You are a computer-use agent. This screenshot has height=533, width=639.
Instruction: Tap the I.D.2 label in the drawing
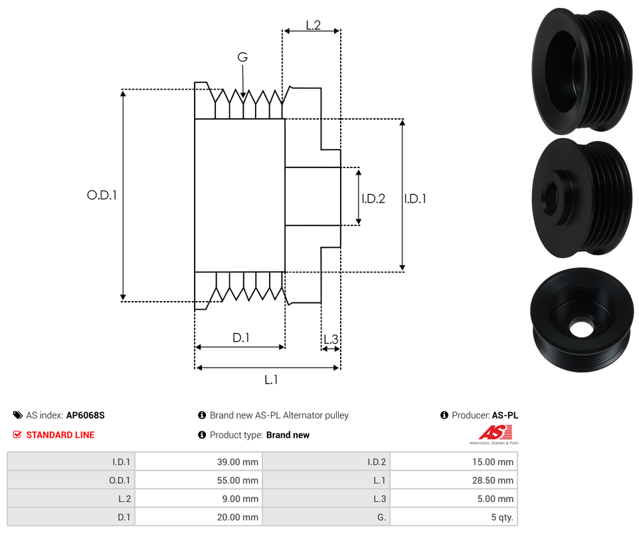click(373, 198)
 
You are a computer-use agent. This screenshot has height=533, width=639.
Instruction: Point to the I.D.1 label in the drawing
click(415, 198)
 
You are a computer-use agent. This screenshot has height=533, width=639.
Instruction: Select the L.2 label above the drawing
click(314, 25)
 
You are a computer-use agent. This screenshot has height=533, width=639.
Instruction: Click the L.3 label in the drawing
click(331, 340)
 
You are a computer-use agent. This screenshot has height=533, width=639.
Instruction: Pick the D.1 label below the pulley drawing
click(240, 338)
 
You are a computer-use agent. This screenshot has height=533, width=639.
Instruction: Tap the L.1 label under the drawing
click(270, 380)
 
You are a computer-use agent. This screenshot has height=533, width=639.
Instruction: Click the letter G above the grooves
click(243, 58)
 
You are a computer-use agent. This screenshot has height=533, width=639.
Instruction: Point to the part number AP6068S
click(86, 415)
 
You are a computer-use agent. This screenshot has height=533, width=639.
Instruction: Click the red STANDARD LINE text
click(60, 435)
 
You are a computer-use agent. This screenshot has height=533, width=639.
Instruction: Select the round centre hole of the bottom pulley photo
click(582, 328)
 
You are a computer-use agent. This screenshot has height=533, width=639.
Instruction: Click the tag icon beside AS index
click(18, 415)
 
